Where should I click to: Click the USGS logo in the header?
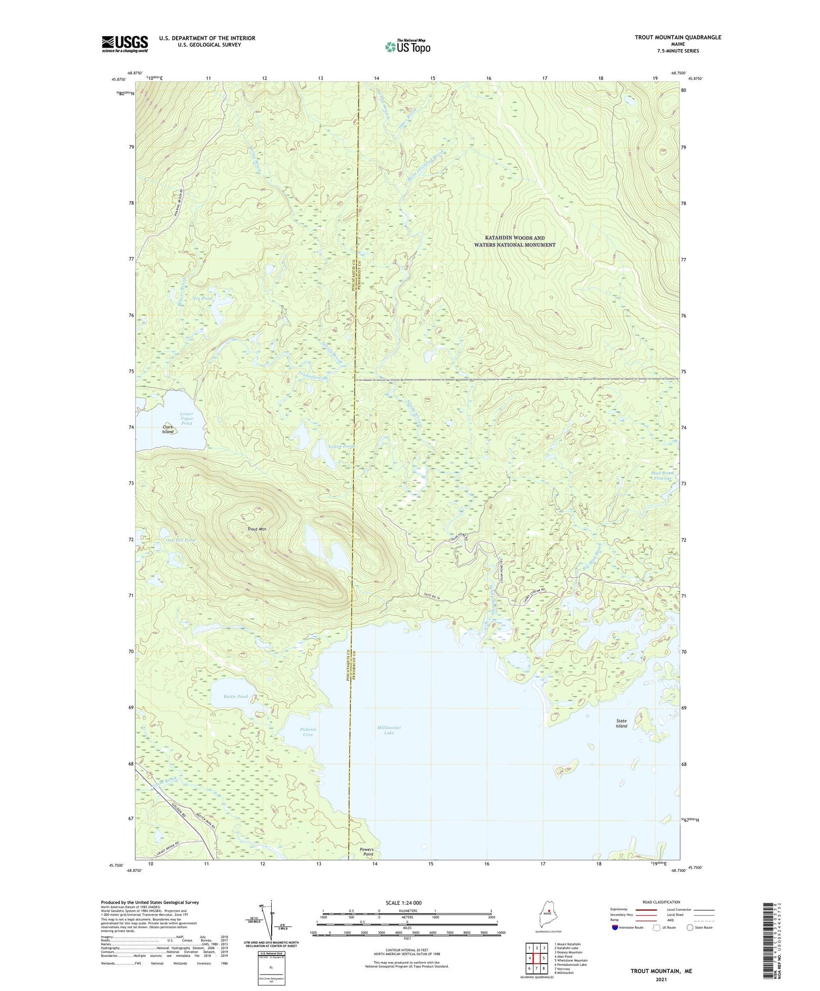tap(125, 44)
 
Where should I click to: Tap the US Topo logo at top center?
tap(407, 47)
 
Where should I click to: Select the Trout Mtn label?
tap(256, 529)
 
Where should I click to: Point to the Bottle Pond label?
tap(236, 697)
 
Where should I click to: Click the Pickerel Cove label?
tap(308, 732)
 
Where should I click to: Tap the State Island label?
tap(622, 723)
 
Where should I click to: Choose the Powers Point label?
tap(367, 851)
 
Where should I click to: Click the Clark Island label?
tap(168, 429)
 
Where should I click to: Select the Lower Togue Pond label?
tap(186, 419)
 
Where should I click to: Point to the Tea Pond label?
tap(203, 298)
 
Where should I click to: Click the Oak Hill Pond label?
tap(180, 540)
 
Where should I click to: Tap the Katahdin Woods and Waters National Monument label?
tap(514, 242)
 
